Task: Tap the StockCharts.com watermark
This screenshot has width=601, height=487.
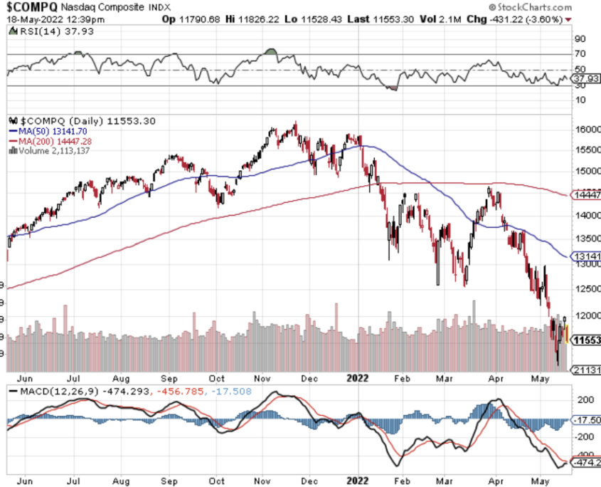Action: click(x=540, y=6)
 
